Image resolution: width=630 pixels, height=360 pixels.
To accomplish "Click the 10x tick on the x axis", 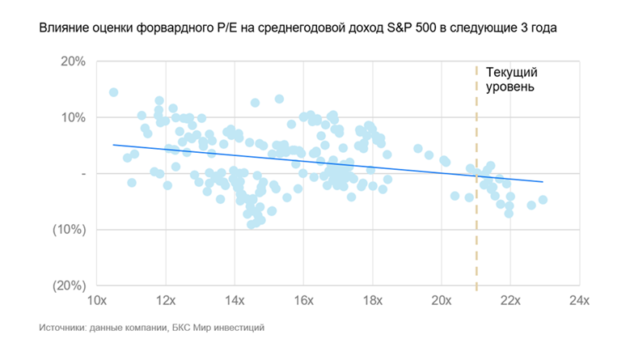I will click(97, 301).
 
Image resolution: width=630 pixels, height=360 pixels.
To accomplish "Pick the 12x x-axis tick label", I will click(166, 301).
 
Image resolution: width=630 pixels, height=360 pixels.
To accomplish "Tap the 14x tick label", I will click(235, 301).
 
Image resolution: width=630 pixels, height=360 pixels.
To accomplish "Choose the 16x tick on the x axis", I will click(303, 301).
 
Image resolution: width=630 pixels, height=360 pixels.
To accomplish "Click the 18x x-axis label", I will click(372, 301).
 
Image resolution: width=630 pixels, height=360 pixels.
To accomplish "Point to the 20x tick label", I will click(441, 301).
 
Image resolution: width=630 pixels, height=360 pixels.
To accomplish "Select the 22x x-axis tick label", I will click(509, 301).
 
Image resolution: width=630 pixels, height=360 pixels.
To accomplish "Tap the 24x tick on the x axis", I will click(578, 301).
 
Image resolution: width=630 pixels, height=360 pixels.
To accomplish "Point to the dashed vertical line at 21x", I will click(476, 243).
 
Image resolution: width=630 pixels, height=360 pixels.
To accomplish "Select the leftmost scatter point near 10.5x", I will click(113, 92).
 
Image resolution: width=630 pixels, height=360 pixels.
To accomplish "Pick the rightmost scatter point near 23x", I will click(543, 199).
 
